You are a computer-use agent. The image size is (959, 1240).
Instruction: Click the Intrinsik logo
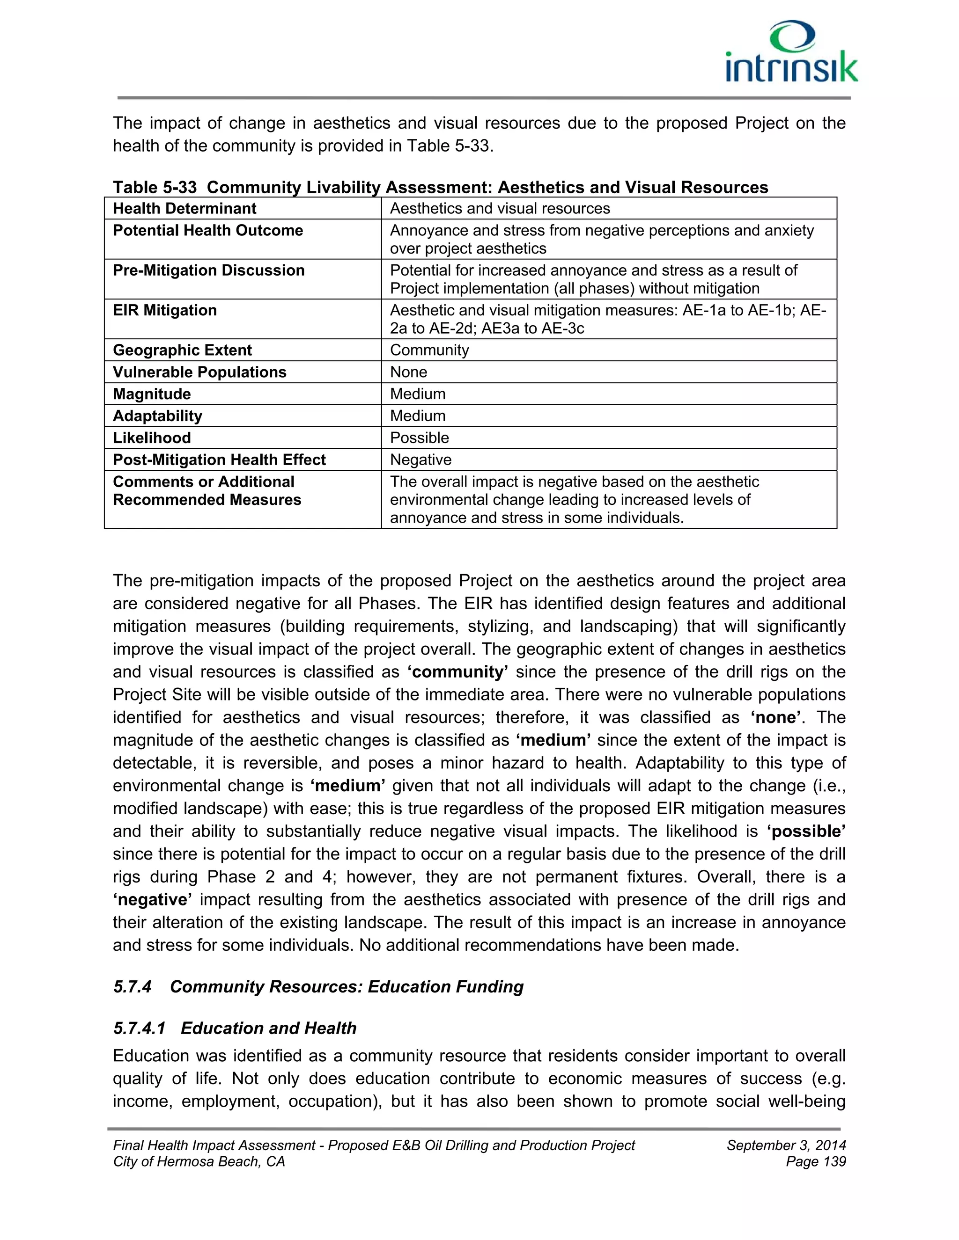pos(791,53)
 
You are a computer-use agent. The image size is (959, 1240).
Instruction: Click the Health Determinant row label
pos(184,208)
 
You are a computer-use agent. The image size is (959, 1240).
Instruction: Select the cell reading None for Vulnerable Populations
pos(408,372)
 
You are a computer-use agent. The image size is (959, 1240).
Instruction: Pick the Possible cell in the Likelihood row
pos(419,438)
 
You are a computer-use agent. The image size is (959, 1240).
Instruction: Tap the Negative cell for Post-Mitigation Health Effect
pos(420,460)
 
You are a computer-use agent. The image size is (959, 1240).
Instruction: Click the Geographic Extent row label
pos(182,350)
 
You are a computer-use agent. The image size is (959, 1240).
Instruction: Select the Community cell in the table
pos(429,350)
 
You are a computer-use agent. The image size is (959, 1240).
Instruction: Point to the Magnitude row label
pos(152,394)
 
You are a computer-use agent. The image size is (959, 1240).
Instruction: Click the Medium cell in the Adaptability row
pos(418,416)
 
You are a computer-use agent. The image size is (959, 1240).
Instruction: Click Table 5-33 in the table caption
pos(155,187)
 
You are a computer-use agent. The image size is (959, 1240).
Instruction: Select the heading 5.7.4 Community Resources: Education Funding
pos(318,986)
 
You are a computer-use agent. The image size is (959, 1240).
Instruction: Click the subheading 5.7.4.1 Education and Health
pos(235,1028)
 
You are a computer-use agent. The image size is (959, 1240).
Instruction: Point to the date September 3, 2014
pos(786,1145)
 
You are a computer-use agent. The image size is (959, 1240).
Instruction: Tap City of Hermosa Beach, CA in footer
pos(199,1162)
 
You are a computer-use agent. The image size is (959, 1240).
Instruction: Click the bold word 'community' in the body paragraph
pos(458,671)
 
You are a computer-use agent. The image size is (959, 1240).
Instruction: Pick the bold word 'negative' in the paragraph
pos(152,899)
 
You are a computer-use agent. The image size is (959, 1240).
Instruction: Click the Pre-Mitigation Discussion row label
pos(208,270)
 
